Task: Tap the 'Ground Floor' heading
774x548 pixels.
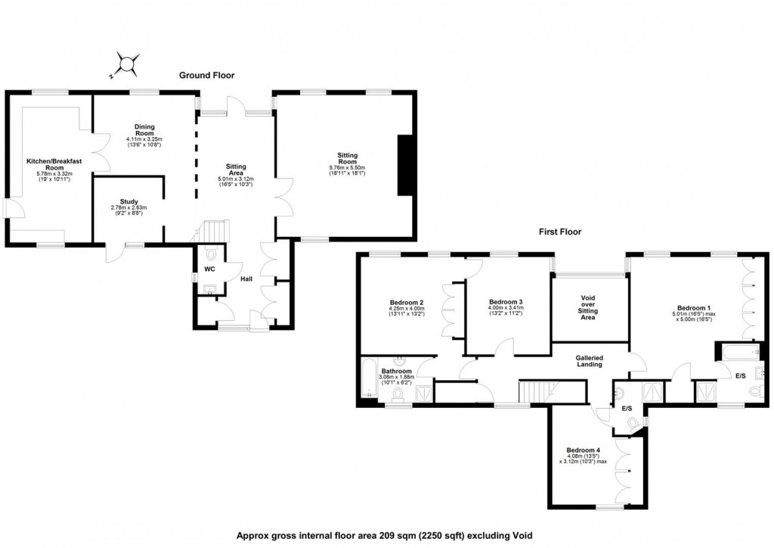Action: coord(206,76)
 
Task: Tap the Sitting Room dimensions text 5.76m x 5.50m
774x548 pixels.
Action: coord(347,167)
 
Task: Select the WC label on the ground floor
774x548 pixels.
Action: coord(209,269)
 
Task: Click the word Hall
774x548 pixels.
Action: coord(246,279)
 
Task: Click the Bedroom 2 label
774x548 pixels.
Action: coord(406,302)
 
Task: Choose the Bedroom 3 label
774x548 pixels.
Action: coord(506,301)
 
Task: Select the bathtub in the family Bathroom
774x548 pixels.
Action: coord(368,378)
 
